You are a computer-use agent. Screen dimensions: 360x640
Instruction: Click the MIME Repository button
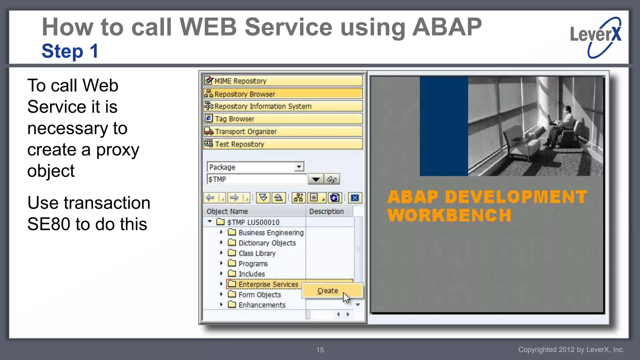click(282, 81)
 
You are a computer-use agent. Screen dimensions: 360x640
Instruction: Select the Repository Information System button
click(282, 106)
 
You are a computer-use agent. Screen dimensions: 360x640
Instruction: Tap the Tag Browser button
click(282, 119)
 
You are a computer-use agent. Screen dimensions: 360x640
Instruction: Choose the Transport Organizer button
click(282, 132)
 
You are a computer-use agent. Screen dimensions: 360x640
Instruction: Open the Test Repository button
click(282, 144)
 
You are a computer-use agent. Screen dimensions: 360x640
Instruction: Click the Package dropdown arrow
click(299, 167)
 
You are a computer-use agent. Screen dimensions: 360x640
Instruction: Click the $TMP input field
click(256, 179)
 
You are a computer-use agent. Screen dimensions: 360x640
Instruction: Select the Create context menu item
click(327, 291)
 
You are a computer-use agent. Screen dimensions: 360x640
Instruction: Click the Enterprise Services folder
click(268, 284)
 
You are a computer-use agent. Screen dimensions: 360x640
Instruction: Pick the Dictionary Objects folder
click(267, 243)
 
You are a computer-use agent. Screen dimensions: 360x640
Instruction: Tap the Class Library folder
click(257, 253)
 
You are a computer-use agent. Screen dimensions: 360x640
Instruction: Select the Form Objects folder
click(259, 294)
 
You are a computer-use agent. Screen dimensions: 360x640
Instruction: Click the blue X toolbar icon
click(355, 198)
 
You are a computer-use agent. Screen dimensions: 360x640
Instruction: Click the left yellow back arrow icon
click(211, 198)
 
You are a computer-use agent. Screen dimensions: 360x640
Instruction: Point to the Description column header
click(326, 212)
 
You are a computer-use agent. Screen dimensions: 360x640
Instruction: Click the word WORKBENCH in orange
click(449, 215)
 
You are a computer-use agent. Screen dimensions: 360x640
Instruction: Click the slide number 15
click(320, 350)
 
